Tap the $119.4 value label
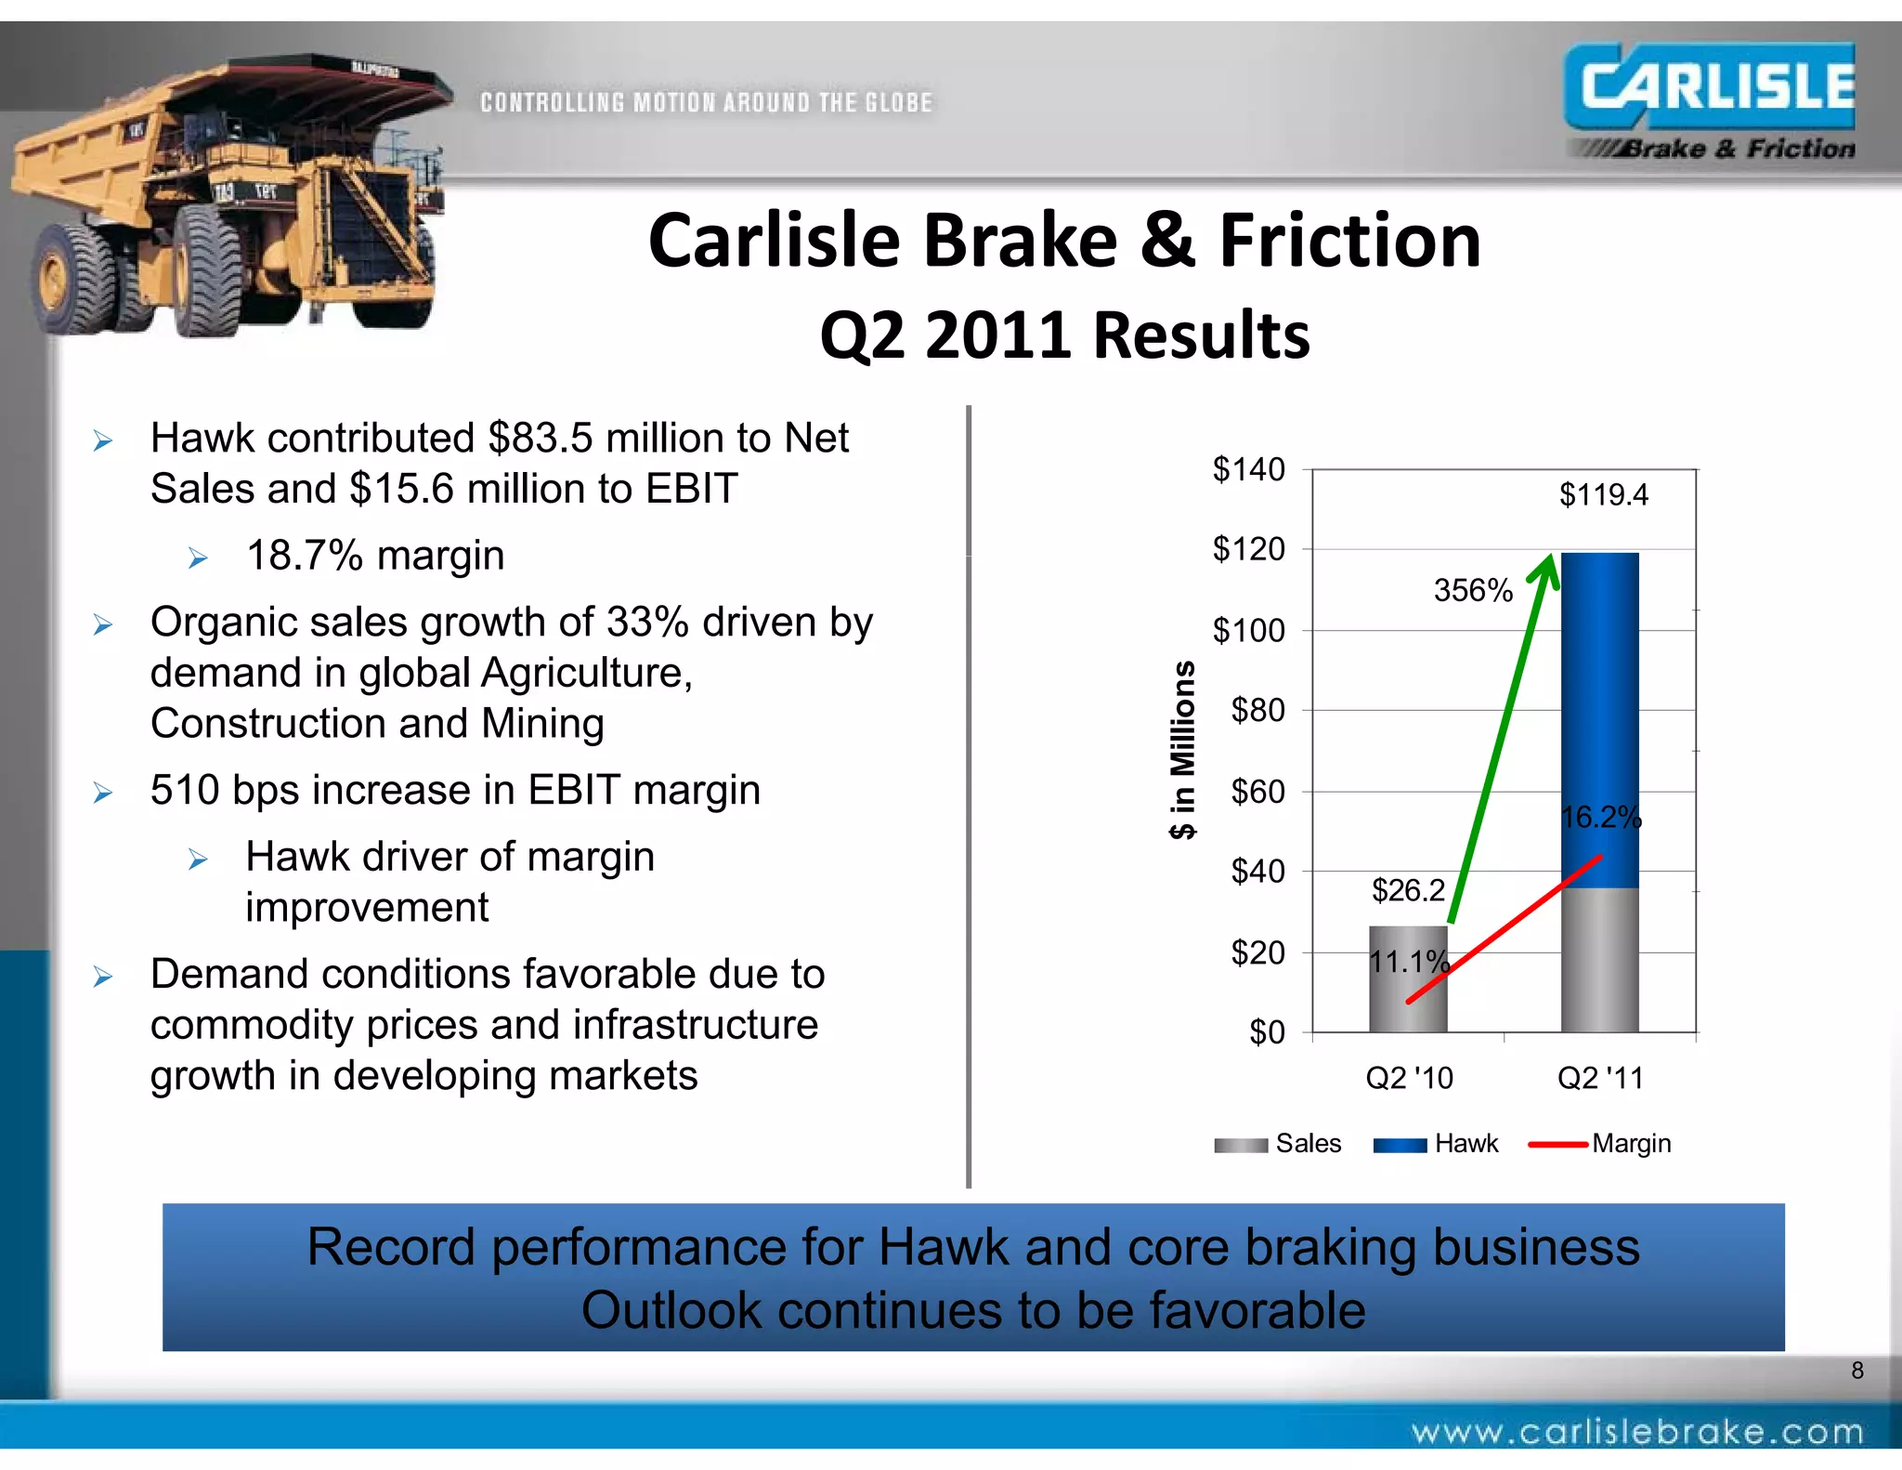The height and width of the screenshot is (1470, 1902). [1603, 494]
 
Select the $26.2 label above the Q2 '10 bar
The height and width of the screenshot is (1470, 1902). [1408, 890]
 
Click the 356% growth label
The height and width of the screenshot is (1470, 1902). [1472, 590]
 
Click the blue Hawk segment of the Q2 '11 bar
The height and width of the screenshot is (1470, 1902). [1599, 706]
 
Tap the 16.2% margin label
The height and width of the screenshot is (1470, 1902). [1600, 818]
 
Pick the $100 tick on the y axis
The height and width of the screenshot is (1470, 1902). [1248, 631]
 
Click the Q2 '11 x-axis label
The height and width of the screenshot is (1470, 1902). [1599, 1078]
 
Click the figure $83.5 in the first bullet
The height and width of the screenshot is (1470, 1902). [541, 438]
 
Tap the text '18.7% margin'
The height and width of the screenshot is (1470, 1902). [375, 556]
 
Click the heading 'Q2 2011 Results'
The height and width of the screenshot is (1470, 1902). [1064, 335]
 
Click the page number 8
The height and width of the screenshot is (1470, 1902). [1856, 1370]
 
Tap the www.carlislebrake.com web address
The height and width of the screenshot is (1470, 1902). [1636, 1432]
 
